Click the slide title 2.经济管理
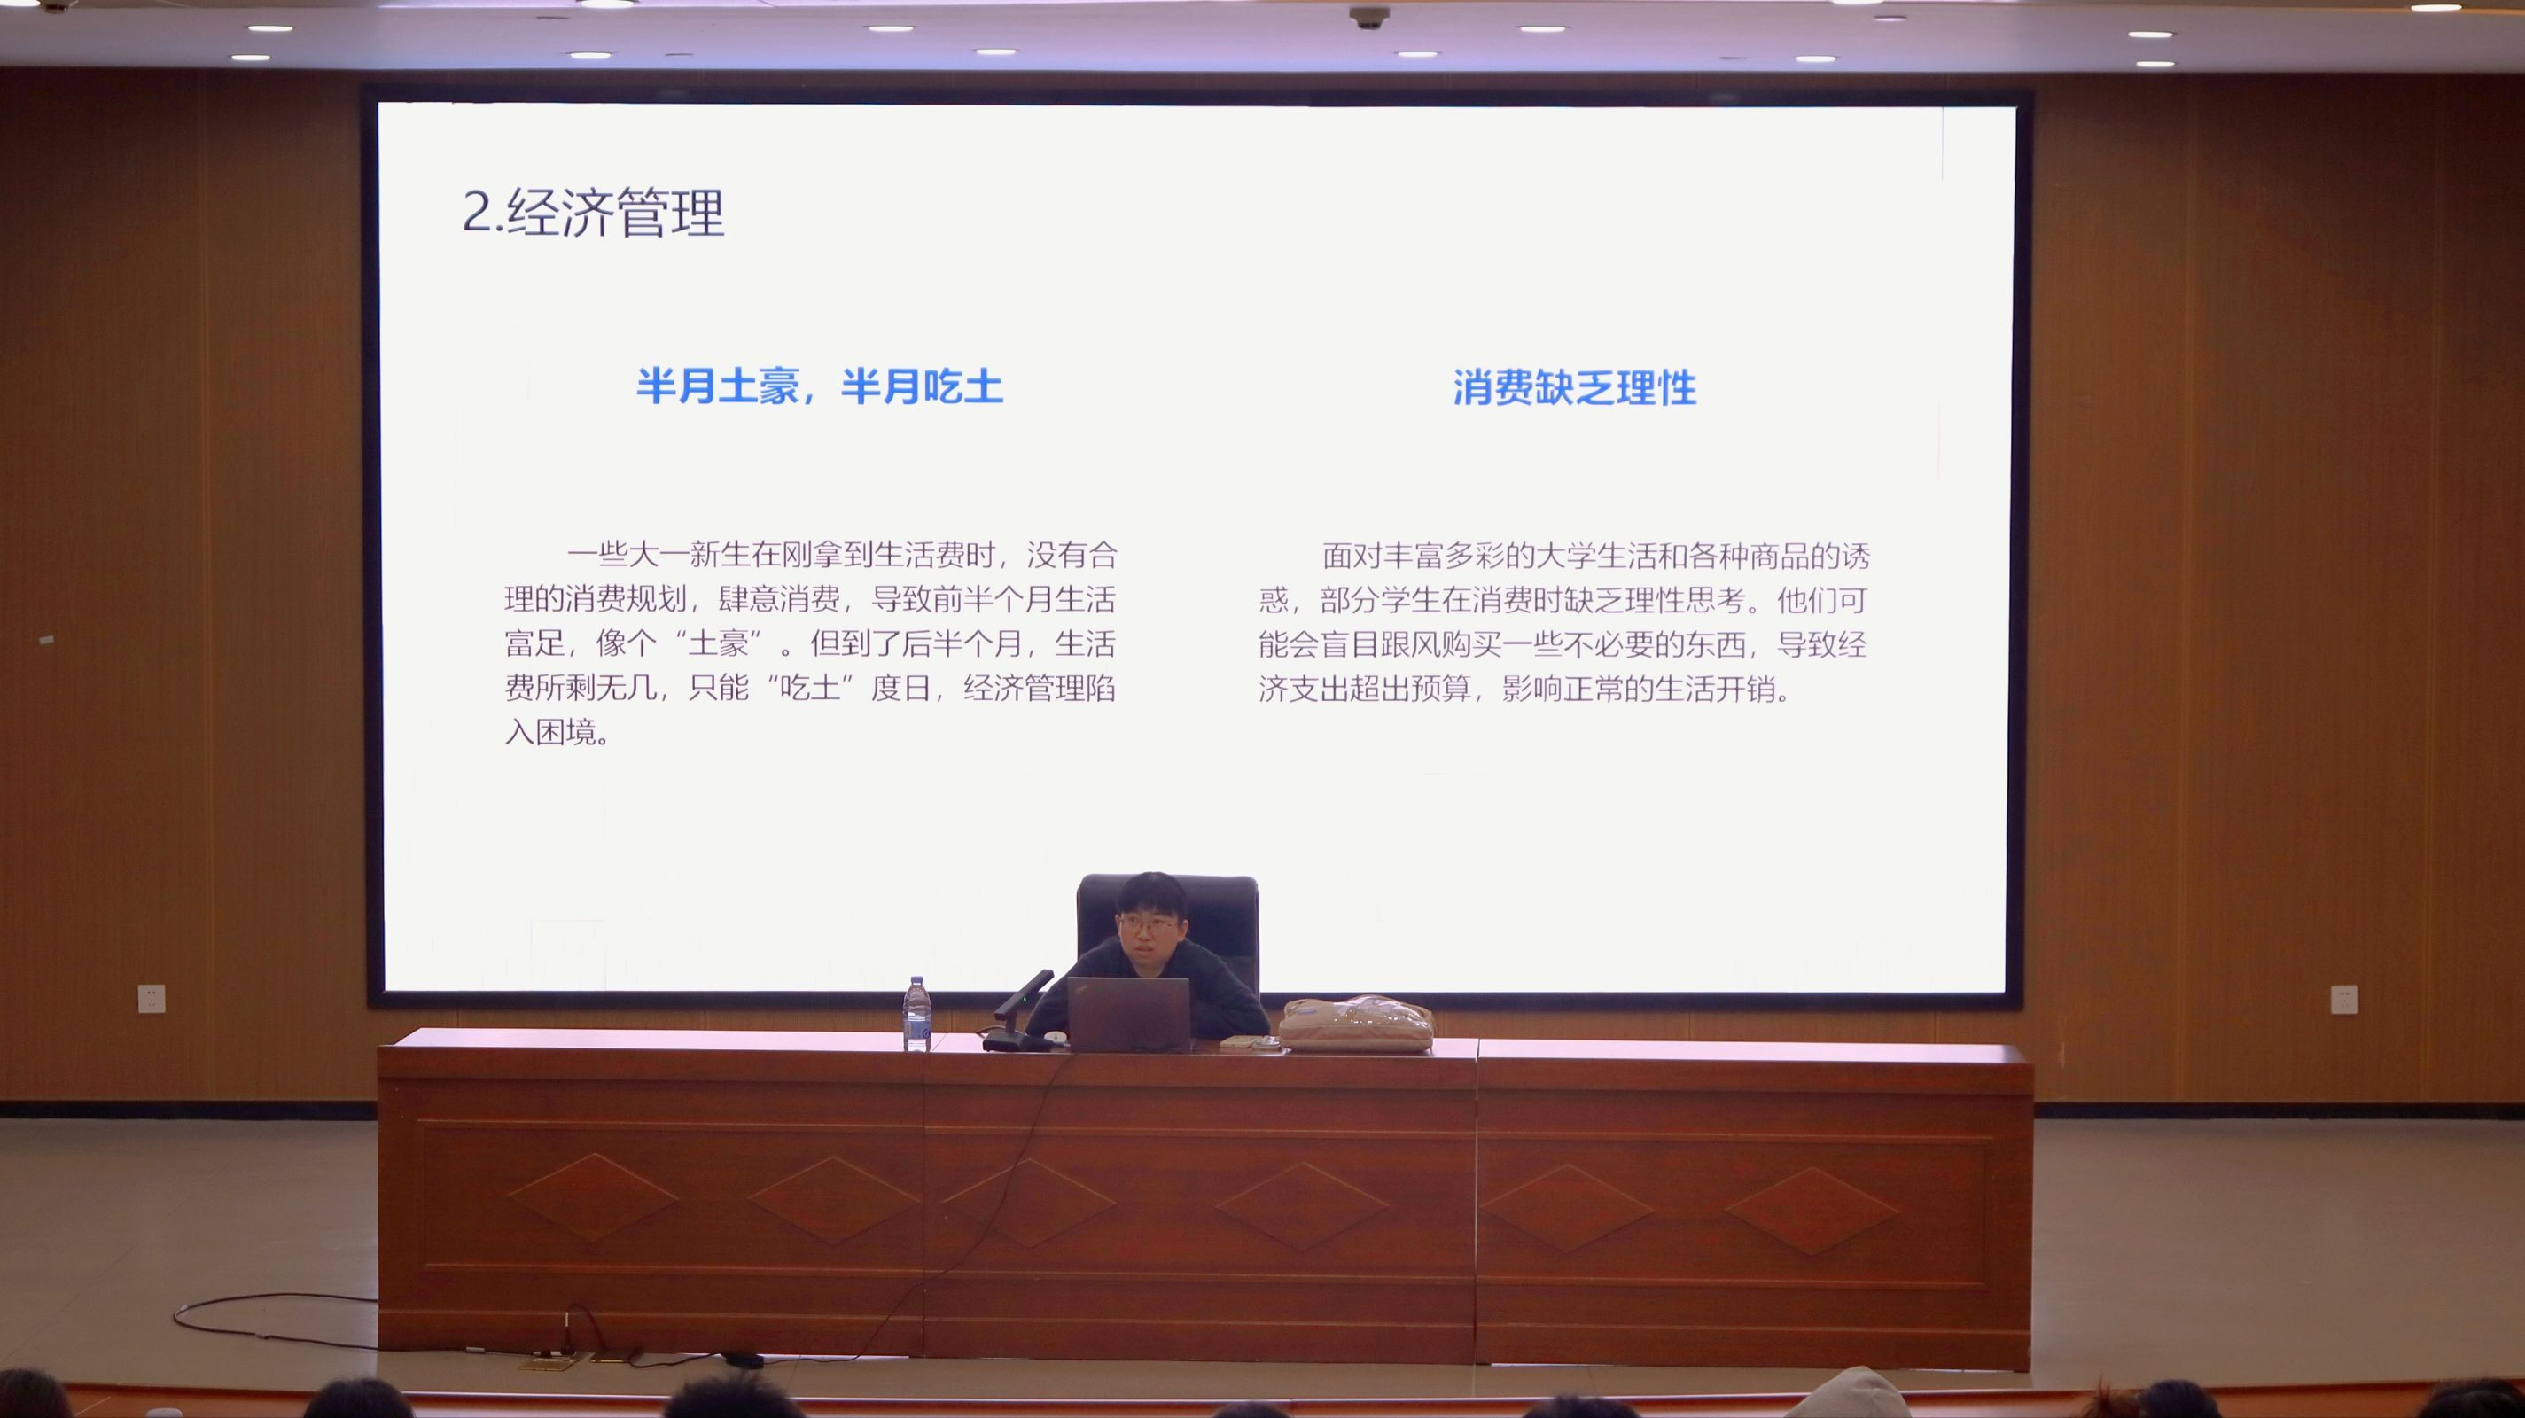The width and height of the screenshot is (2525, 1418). [x=593, y=213]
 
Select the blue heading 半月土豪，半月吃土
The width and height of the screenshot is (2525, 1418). [x=820, y=387]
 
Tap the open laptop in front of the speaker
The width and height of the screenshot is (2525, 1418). [x=1127, y=1014]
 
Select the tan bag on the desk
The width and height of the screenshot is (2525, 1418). [x=1357, y=1024]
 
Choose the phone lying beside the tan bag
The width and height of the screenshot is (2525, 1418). [x=1249, y=1043]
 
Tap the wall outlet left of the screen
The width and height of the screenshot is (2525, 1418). [x=152, y=998]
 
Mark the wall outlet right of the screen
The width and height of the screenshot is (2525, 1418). [x=2343, y=998]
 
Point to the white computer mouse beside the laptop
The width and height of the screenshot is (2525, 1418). [x=1055, y=1037]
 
